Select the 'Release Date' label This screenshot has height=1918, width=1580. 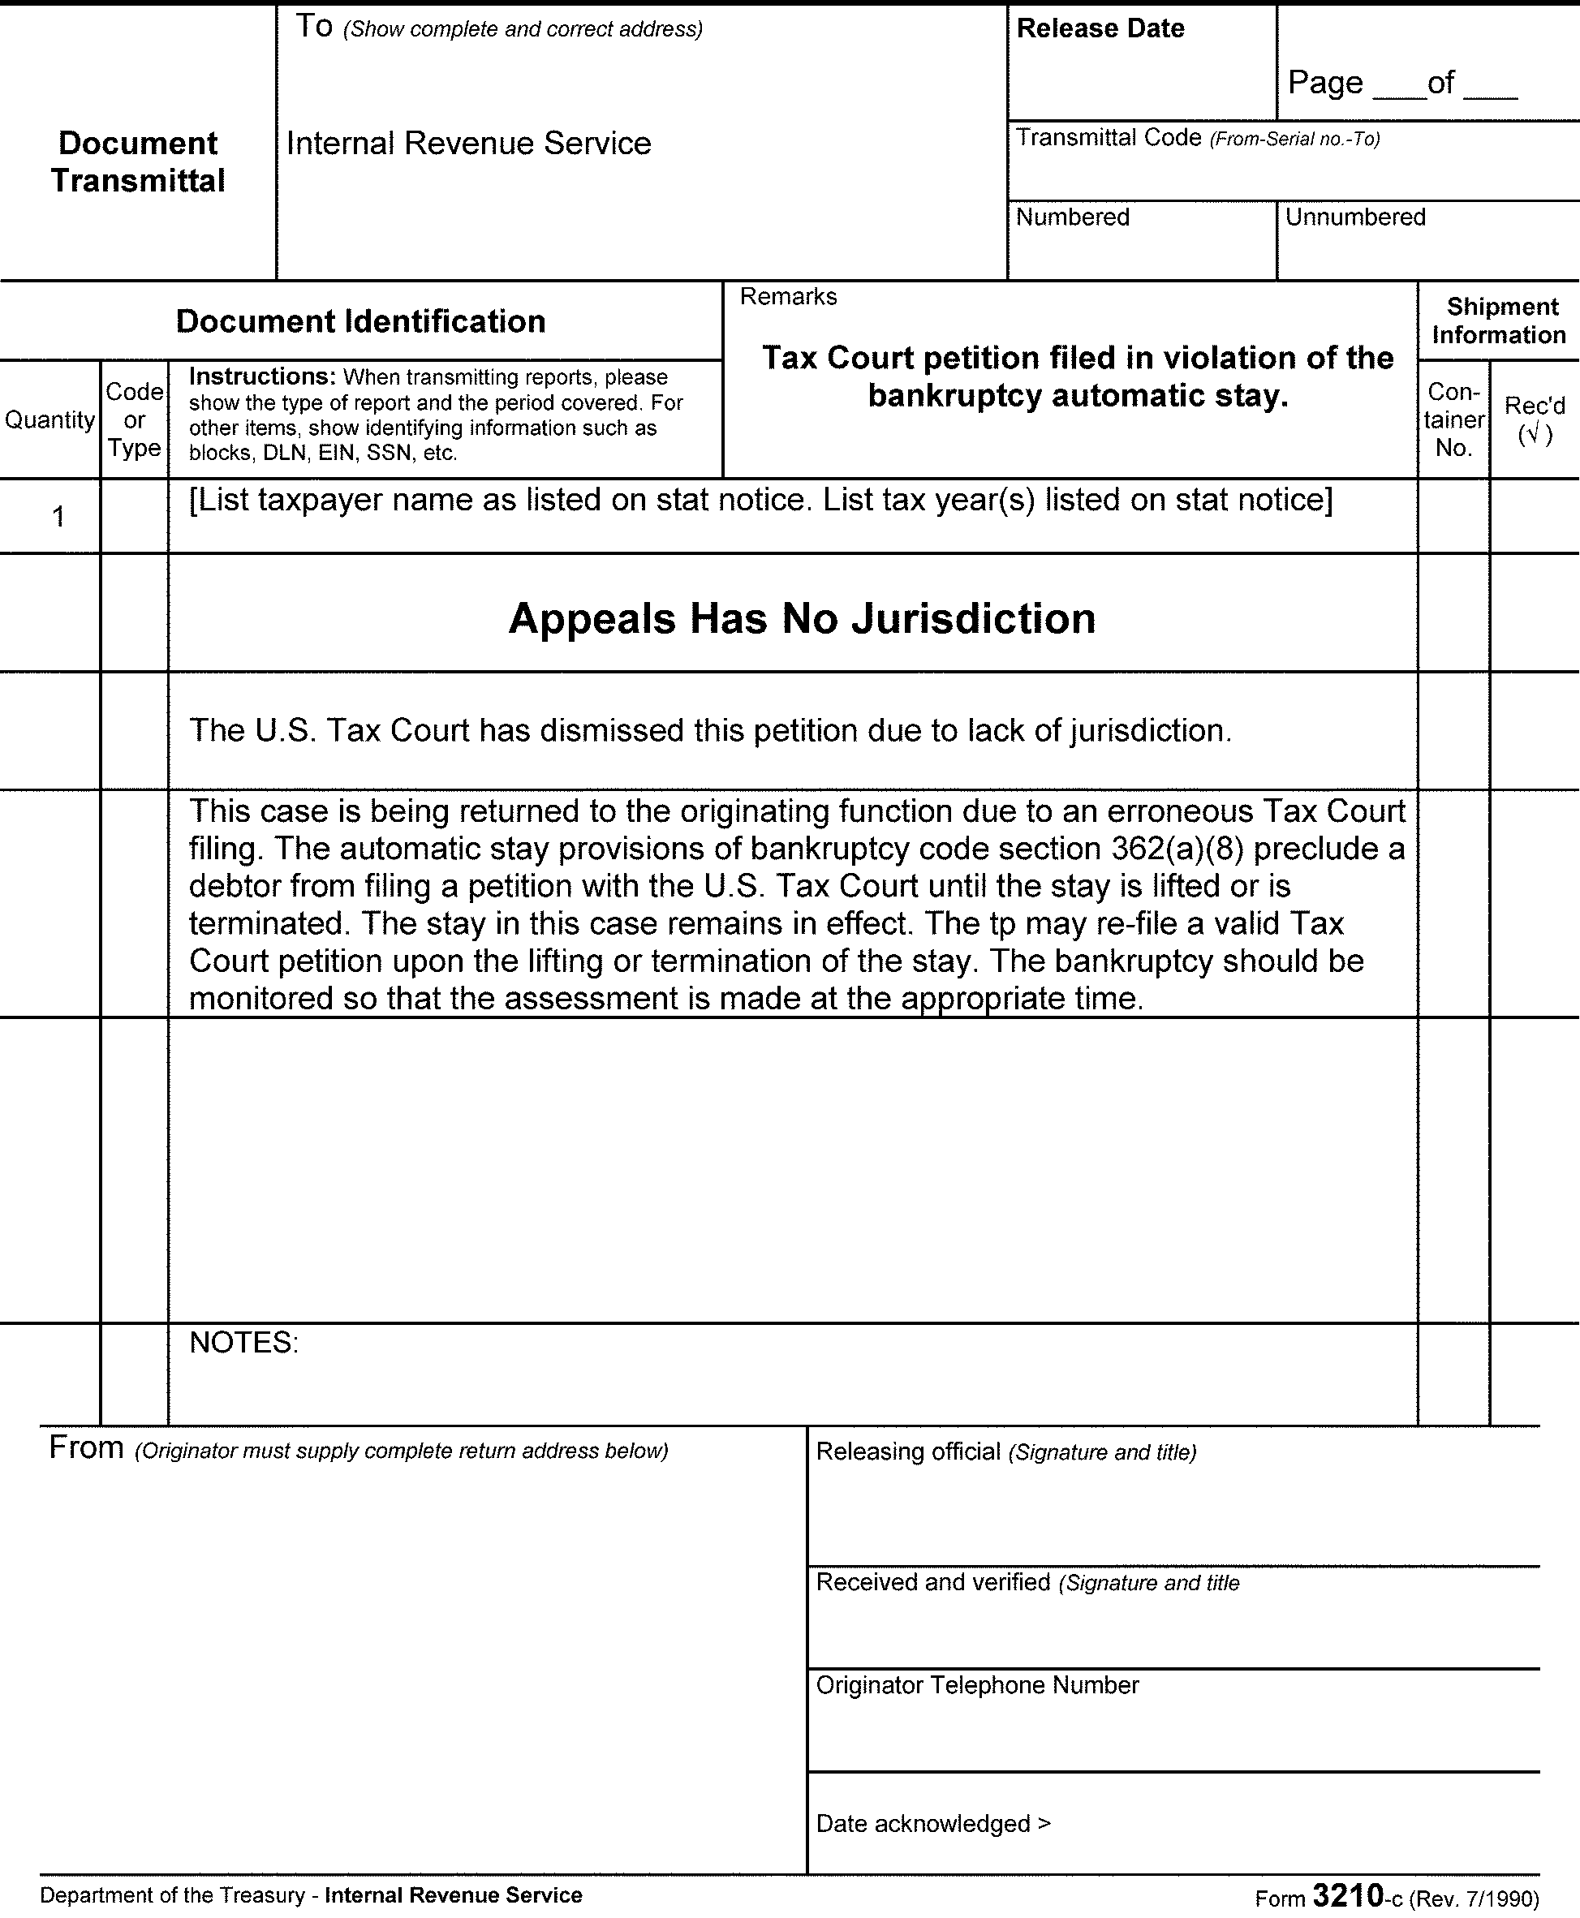click(x=1100, y=29)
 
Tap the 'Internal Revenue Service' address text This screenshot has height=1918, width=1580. click(x=469, y=144)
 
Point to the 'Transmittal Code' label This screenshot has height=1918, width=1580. click(x=1108, y=138)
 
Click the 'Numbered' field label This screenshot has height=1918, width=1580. click(x=1072, y=217)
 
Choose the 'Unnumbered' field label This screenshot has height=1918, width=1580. click(x=1354, y=217)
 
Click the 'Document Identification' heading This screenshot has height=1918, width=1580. click(x=360, y=321)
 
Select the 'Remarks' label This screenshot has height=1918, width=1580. click(x=788, y=297)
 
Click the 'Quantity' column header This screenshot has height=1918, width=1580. click(x=50, y=419)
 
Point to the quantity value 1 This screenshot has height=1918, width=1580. click(x=58, y=517)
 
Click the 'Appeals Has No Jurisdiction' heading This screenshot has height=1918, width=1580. click(x=802, y=619)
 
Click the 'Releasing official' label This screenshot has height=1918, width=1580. click(x=907, y=1451)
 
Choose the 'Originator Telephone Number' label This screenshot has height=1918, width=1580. click(x=976, y=1685)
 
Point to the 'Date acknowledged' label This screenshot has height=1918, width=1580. click(x=923, y=1823)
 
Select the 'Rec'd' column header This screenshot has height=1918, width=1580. click(x=1535, y=406)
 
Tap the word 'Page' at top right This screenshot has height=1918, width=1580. click(x=1324, y=83)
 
